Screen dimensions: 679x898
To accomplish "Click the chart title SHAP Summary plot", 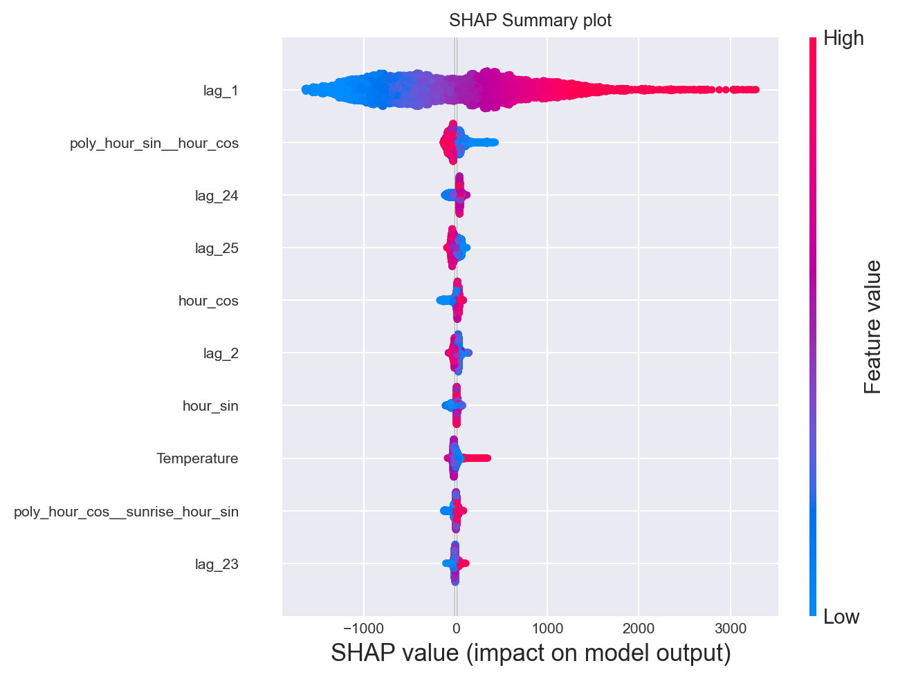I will pyautogui.click(x=530, y=20).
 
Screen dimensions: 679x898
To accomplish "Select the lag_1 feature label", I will pyautogui.click(x=221, y=90).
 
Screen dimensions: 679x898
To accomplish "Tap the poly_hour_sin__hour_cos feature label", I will pyautogui.click(x=154, y=143).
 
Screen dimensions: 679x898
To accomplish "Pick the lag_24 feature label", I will pyautogui.click(x=217, y=196).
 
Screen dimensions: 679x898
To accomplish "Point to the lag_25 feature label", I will pyautogui.click(x=217, y=248).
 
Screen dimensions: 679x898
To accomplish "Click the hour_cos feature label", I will pyautogui.click(x=208, y=301).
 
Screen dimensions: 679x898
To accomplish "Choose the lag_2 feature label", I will pyautogui.click(x=221, y=353).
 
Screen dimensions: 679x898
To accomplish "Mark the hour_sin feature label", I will pyautogui.click(x=210, y=406).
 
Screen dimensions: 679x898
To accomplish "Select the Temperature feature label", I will pyautogui.click(x=197, y=458).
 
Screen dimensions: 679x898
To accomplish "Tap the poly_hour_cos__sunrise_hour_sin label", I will pyautogui.click(x=126, y=512).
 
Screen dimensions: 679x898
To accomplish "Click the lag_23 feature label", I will pyautogui.click(x=217, y=564).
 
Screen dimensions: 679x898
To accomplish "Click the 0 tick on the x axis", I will pyautogui.click(x=455, y=629).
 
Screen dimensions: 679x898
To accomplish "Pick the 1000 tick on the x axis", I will pyautogui.click(x=547, y=629).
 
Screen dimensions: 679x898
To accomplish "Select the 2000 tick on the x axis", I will pyautogui.click(x=639, y=629).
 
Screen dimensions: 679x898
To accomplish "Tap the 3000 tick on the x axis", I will pyautogui.click(x=730, y=629).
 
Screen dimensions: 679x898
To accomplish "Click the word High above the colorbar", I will pyautogui.click(x=843, y=39).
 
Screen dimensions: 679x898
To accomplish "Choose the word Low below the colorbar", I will pyautogui.click(x=841, y=617).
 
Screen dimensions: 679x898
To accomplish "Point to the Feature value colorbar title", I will pyautogui.click(x=873, y=327).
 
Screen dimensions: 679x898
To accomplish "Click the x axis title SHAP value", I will pyautogui.click(x=531, y=653).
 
